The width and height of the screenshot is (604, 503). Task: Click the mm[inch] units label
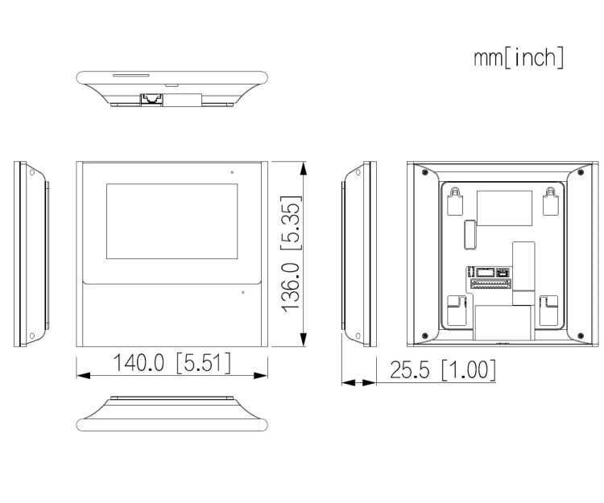coord(519,58)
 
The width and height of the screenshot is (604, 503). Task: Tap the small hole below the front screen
coord(242,292)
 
